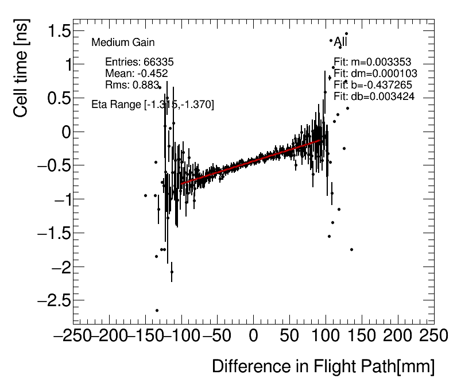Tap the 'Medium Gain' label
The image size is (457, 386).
pos(123,43)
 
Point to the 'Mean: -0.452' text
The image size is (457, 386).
pos(136,74)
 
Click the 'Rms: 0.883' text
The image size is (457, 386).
pos(132,85)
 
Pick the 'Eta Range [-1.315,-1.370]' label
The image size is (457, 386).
pos(153,105)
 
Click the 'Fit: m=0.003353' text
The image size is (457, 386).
pos(373,62)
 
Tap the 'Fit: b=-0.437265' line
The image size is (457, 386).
pos(373,85)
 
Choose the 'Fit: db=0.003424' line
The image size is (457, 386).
pos(374,96)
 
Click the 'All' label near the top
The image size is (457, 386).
pos(340,41)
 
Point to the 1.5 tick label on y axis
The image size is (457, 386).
pos(55,31)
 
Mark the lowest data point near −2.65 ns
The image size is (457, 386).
pos(157,310)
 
